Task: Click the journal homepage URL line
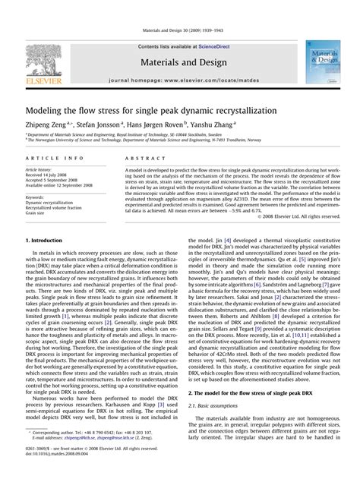point(180,79)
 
